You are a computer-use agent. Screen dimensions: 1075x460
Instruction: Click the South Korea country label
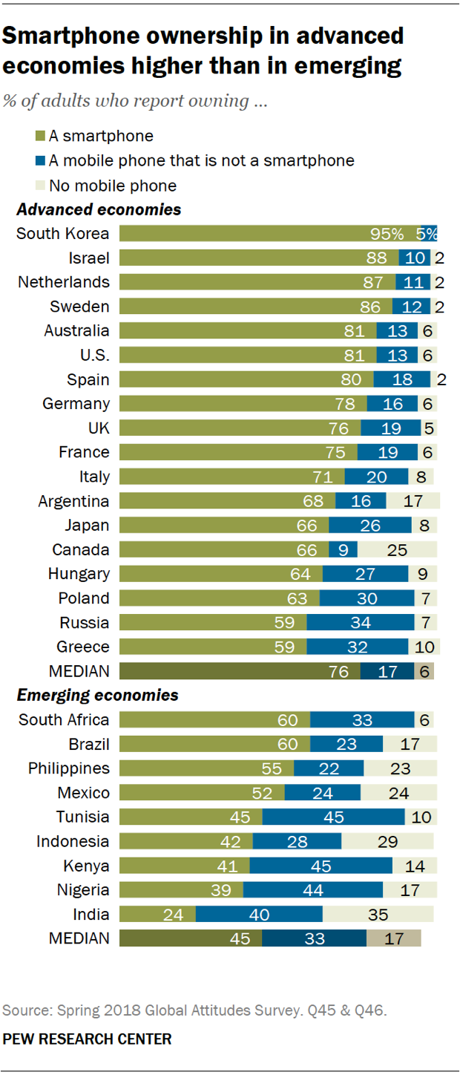click(62, 234)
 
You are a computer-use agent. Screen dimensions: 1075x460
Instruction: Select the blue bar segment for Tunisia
click(333, 817)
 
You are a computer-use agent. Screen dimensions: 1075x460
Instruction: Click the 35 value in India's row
click(387, 915)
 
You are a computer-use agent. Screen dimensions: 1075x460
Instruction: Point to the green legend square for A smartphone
click(41, 136)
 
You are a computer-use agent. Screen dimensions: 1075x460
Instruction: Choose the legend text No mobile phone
click(113, 185)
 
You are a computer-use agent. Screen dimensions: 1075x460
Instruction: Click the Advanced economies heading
click(99, 210)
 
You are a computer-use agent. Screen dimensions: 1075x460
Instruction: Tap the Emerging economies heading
click(97, 696)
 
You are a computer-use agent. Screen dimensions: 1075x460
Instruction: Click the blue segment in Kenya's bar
click(321, 866)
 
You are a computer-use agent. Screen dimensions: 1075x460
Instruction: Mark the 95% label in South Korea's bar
click(387, 234)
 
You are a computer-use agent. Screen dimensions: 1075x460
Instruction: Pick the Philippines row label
click(68, 768)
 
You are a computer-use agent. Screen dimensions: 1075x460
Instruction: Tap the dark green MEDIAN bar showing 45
click(190, 938)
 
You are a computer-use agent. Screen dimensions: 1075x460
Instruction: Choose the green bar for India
click(157, 915)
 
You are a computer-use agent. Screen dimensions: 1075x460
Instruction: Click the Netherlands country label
click(64, 282)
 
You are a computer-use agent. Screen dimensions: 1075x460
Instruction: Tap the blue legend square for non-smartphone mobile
click(41, 160)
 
